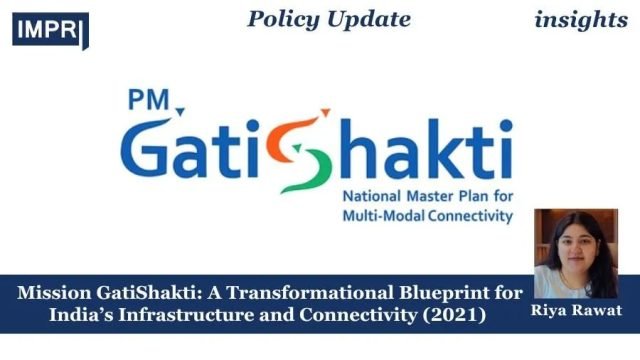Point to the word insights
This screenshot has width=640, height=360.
(581, 19)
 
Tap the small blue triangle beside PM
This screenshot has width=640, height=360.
(179, 109)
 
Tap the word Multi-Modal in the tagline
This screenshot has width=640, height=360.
(381, 215)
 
